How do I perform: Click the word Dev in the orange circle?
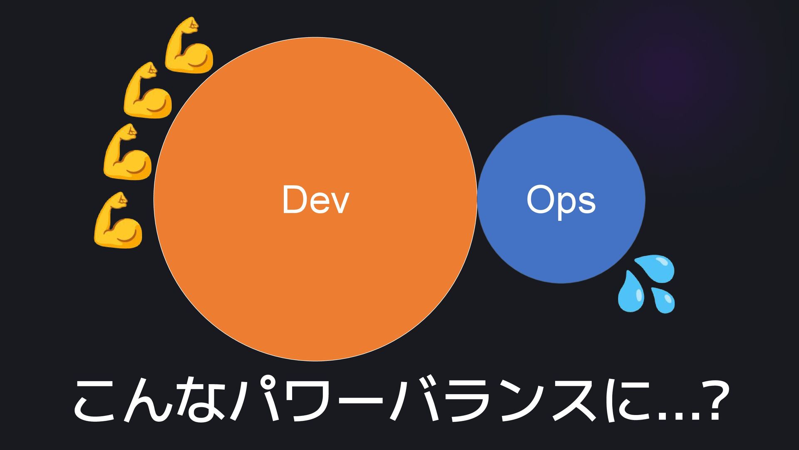[x=315, y=200]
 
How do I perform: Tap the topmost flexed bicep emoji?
[x=189, y=45]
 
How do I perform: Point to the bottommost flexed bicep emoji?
[x=118, y=220]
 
